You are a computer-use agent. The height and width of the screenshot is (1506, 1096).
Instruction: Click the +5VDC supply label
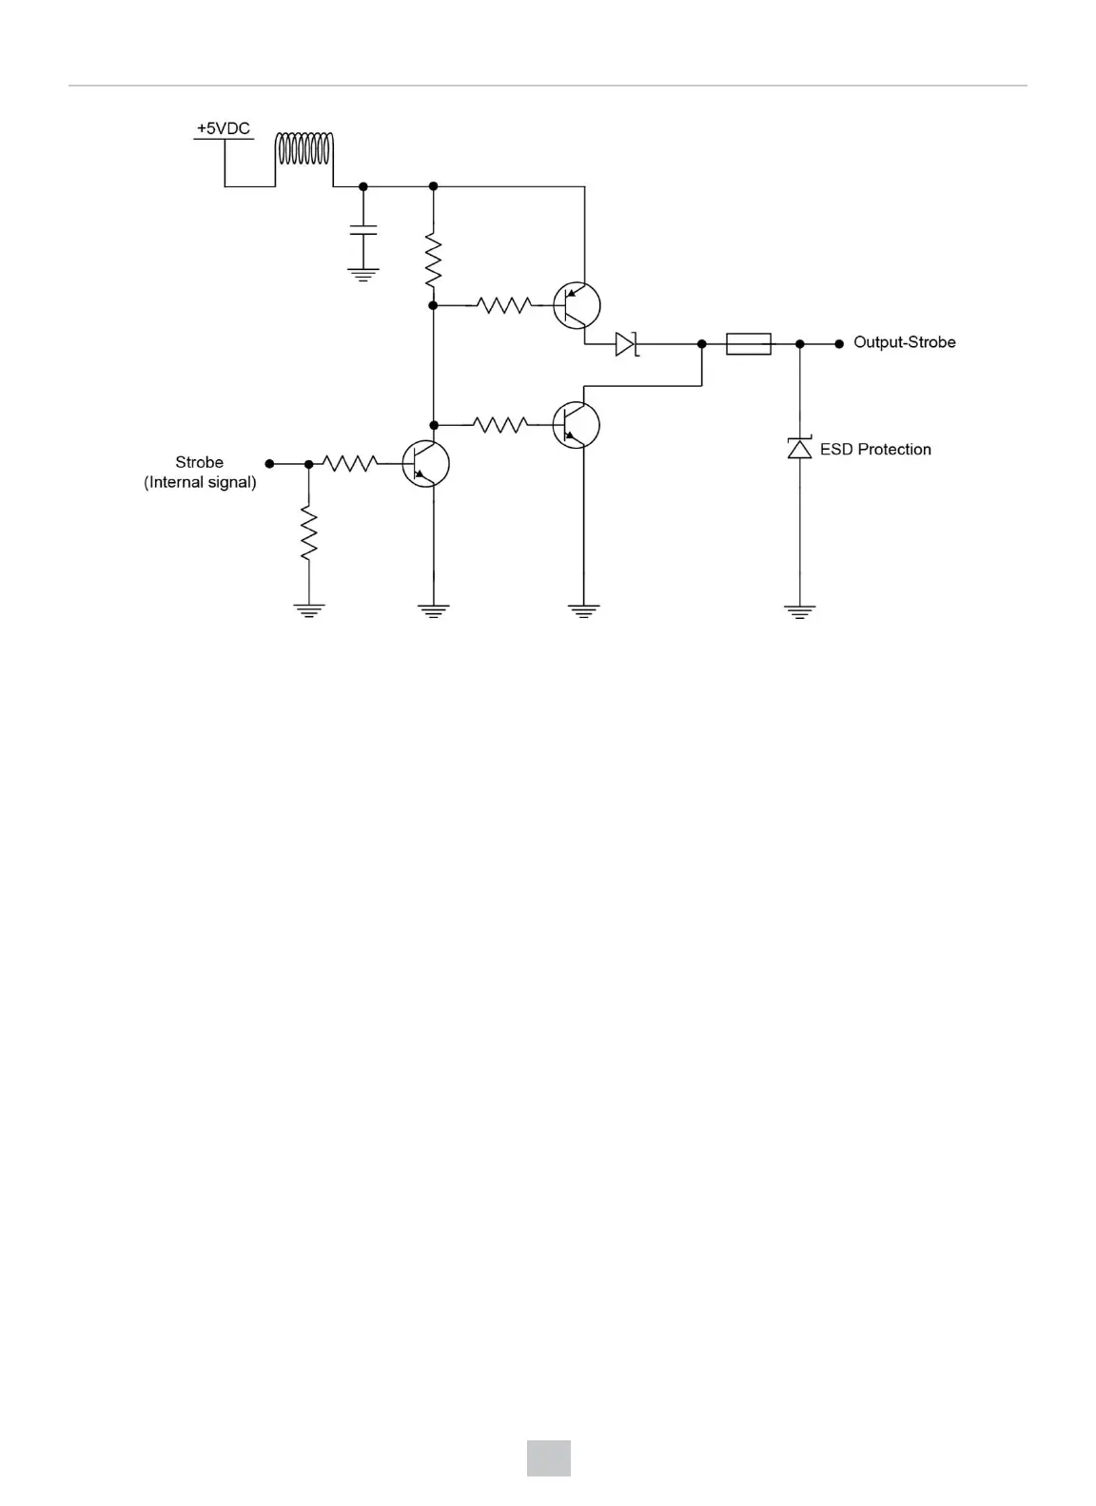click(x=224, y=128)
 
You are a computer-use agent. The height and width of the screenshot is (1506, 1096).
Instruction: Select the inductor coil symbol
click(x=304, y=150)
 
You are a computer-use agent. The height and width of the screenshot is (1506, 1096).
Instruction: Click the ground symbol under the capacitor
click(x=363, y=274)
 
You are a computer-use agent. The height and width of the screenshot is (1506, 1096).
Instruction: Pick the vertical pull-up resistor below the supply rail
click(x=433, y=261)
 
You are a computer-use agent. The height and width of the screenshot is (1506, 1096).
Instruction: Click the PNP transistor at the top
click(x=577, y=305)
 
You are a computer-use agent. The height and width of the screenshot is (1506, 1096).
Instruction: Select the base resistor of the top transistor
click(x=504, y=305)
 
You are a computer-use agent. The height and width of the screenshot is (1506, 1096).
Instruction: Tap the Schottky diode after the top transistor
click(x=625, y=343)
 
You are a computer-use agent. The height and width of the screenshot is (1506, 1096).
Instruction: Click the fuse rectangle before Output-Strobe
click(x=749, y=343)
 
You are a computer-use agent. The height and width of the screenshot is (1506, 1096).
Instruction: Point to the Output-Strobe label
click(x=904, y=342)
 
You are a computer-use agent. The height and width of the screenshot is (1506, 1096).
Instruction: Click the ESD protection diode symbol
click(x=799, y=448)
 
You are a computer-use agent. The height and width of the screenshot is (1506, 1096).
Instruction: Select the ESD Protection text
click(x=875, y=450)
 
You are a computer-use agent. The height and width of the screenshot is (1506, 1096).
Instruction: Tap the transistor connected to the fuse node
click(x=577, y=424)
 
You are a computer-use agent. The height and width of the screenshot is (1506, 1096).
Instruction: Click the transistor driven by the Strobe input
click(x=424, y=464)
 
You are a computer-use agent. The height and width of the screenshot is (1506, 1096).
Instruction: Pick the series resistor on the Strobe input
click(x=350, y=464)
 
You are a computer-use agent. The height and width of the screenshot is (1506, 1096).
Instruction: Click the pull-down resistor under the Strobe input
click(x=308, y=534)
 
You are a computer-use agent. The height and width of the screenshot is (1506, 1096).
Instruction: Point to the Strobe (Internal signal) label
click(x=200, y=473)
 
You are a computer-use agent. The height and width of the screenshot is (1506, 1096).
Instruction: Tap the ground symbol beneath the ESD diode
click(x=799, y=611)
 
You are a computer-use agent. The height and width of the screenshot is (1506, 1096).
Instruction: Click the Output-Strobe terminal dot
click(x=838, y=344)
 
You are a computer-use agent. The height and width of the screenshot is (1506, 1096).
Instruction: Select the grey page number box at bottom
click(x=549, y=1458)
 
